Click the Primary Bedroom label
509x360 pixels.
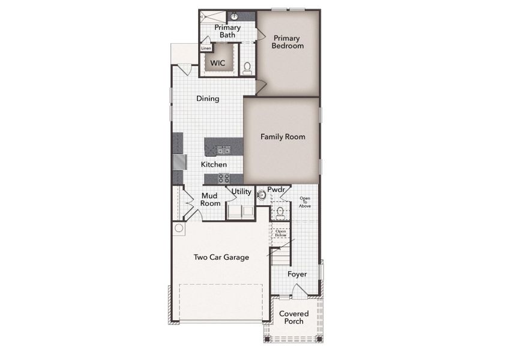click(287, 41)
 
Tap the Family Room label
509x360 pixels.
click(283, 137)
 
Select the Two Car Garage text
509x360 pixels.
click(221, 257)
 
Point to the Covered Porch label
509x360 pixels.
click(294, 317)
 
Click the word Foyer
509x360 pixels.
click(297, 274)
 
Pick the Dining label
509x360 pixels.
click(208, 98)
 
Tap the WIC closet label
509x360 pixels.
click(217, 62)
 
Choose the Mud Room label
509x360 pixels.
click(210, 200)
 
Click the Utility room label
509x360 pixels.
click(241, 191)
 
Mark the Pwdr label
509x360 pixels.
click(276, 189)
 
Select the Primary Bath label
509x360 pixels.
click(227, 31)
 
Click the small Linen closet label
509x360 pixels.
click(206, 48)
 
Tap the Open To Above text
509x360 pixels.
click(305, 202)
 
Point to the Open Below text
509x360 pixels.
click(280, 233)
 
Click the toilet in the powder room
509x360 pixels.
click(280, 211)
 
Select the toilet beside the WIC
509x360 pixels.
click(247, 67)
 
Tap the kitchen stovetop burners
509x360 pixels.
click(223, 178)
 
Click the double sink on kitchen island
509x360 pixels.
click(223, 150)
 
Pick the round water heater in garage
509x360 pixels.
click(179, 228)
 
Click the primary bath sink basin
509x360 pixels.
click(234, 16)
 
